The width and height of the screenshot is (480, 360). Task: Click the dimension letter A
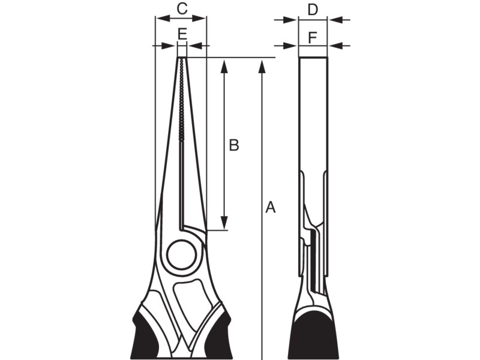pos(271,208)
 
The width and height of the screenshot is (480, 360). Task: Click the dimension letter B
pos(234,145)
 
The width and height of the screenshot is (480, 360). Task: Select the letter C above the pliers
pos(182,9)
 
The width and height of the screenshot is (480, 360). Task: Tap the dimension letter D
pos(313,9)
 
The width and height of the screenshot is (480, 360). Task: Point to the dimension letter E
pos(182,34)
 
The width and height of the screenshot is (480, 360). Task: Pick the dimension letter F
pos(313,37)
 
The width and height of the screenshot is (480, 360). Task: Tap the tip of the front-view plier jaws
pos(182,59)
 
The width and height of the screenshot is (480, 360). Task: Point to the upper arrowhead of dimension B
pos(224,65)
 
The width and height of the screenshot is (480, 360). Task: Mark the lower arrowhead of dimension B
pos(224,223)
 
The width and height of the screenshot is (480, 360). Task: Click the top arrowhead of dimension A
pos(262,65)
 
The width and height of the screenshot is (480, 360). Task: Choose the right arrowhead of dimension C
pos(202,19)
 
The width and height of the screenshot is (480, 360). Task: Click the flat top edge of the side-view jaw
pos(313,58)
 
